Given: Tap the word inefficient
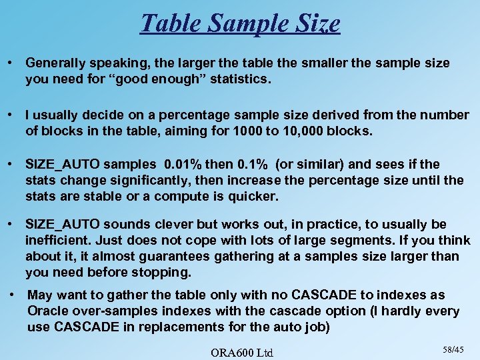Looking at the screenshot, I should (x=55, y=240).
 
